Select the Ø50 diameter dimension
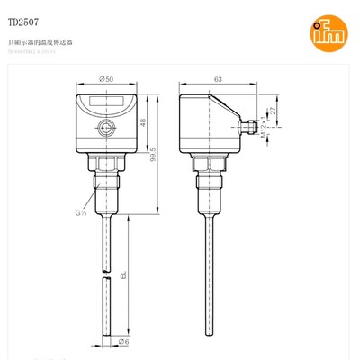click(107, 80)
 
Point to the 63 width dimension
click(217, 80)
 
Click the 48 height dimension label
click(143, 122)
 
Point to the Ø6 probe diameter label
click(124, 343)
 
